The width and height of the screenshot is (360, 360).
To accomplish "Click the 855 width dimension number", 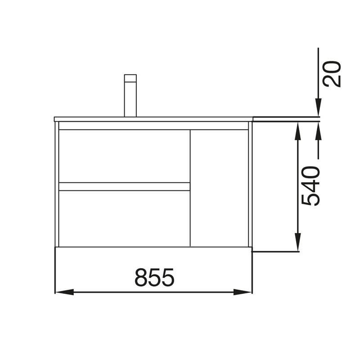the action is point(154,277).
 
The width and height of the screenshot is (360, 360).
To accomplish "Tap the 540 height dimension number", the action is point(310,186).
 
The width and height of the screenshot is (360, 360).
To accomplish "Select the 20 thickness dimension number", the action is point(332,74).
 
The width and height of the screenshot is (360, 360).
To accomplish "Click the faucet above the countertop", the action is point(130,95).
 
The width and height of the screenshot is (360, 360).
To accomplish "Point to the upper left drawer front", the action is point(125,156).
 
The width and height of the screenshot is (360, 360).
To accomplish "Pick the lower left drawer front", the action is point(125,219).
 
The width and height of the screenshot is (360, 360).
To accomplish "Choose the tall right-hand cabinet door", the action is point(219,188).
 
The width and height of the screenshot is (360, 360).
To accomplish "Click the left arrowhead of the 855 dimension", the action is point(64,292).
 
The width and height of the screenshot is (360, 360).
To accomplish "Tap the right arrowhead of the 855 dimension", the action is point(243,292).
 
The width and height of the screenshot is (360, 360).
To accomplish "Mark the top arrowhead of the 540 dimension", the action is point(298,131).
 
